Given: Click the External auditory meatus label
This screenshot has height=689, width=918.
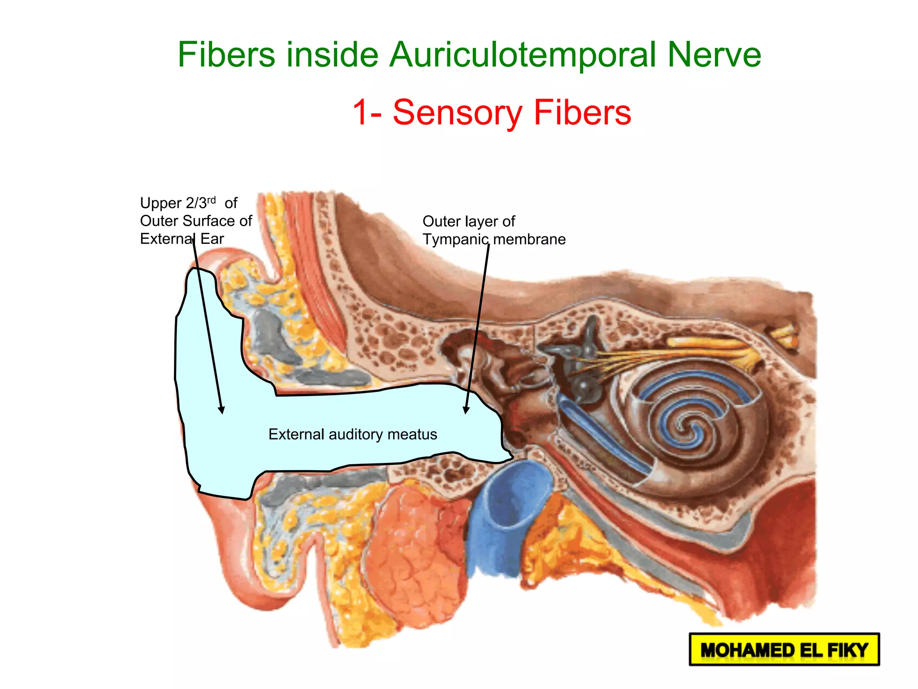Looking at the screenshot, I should point(353,434).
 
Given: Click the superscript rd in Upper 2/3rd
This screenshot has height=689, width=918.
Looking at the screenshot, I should point(212,199).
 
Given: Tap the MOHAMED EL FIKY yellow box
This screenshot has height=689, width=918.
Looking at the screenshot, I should point(784,650).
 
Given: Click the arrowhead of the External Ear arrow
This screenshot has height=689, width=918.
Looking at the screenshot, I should point(221,410).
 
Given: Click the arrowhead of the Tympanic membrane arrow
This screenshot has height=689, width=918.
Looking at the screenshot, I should point(466,410).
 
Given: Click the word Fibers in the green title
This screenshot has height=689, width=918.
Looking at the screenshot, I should point(226,55).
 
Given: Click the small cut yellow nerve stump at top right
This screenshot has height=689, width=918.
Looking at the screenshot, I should point(784,334).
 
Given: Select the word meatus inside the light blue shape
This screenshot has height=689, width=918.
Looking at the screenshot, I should point(412,434).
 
